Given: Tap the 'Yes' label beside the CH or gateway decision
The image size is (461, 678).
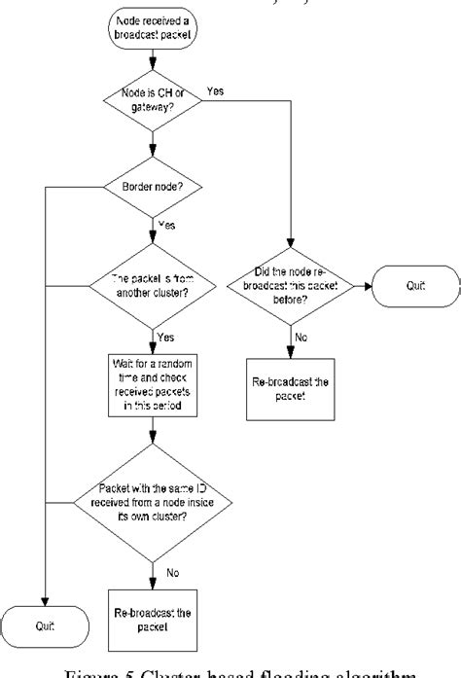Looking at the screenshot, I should [217, 90].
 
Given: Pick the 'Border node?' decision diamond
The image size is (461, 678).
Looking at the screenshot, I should [151, 185].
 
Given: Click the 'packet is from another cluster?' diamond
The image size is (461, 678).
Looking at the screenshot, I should [151, 284].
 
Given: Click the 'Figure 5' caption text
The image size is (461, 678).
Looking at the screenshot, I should [230, 669].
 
